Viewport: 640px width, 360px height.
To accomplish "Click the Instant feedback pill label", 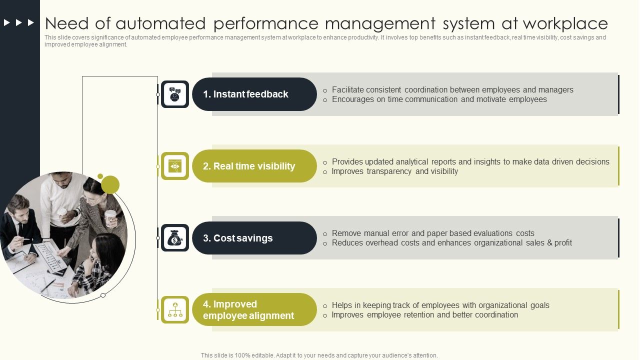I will click(246, 94).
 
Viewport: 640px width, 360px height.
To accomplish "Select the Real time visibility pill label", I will click(249, 166).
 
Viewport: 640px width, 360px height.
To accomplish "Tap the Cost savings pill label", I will click(238, 238).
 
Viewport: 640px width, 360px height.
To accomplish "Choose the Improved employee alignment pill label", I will click(248, 310).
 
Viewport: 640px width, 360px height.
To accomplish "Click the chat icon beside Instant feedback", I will click(174, 94).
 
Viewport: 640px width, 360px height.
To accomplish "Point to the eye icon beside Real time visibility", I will click(174, 166).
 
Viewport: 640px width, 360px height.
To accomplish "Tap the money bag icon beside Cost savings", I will click(174, 238).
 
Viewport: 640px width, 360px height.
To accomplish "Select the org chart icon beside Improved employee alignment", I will click(174, 310).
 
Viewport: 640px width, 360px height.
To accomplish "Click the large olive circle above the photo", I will click(110, 185).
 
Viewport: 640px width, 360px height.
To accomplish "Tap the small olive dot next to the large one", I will click(100, 176).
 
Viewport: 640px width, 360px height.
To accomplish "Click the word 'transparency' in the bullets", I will click(389, 171).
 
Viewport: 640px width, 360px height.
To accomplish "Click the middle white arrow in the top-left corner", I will click(19, 22).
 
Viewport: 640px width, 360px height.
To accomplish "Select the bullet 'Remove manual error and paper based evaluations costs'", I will click(433, 233).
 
